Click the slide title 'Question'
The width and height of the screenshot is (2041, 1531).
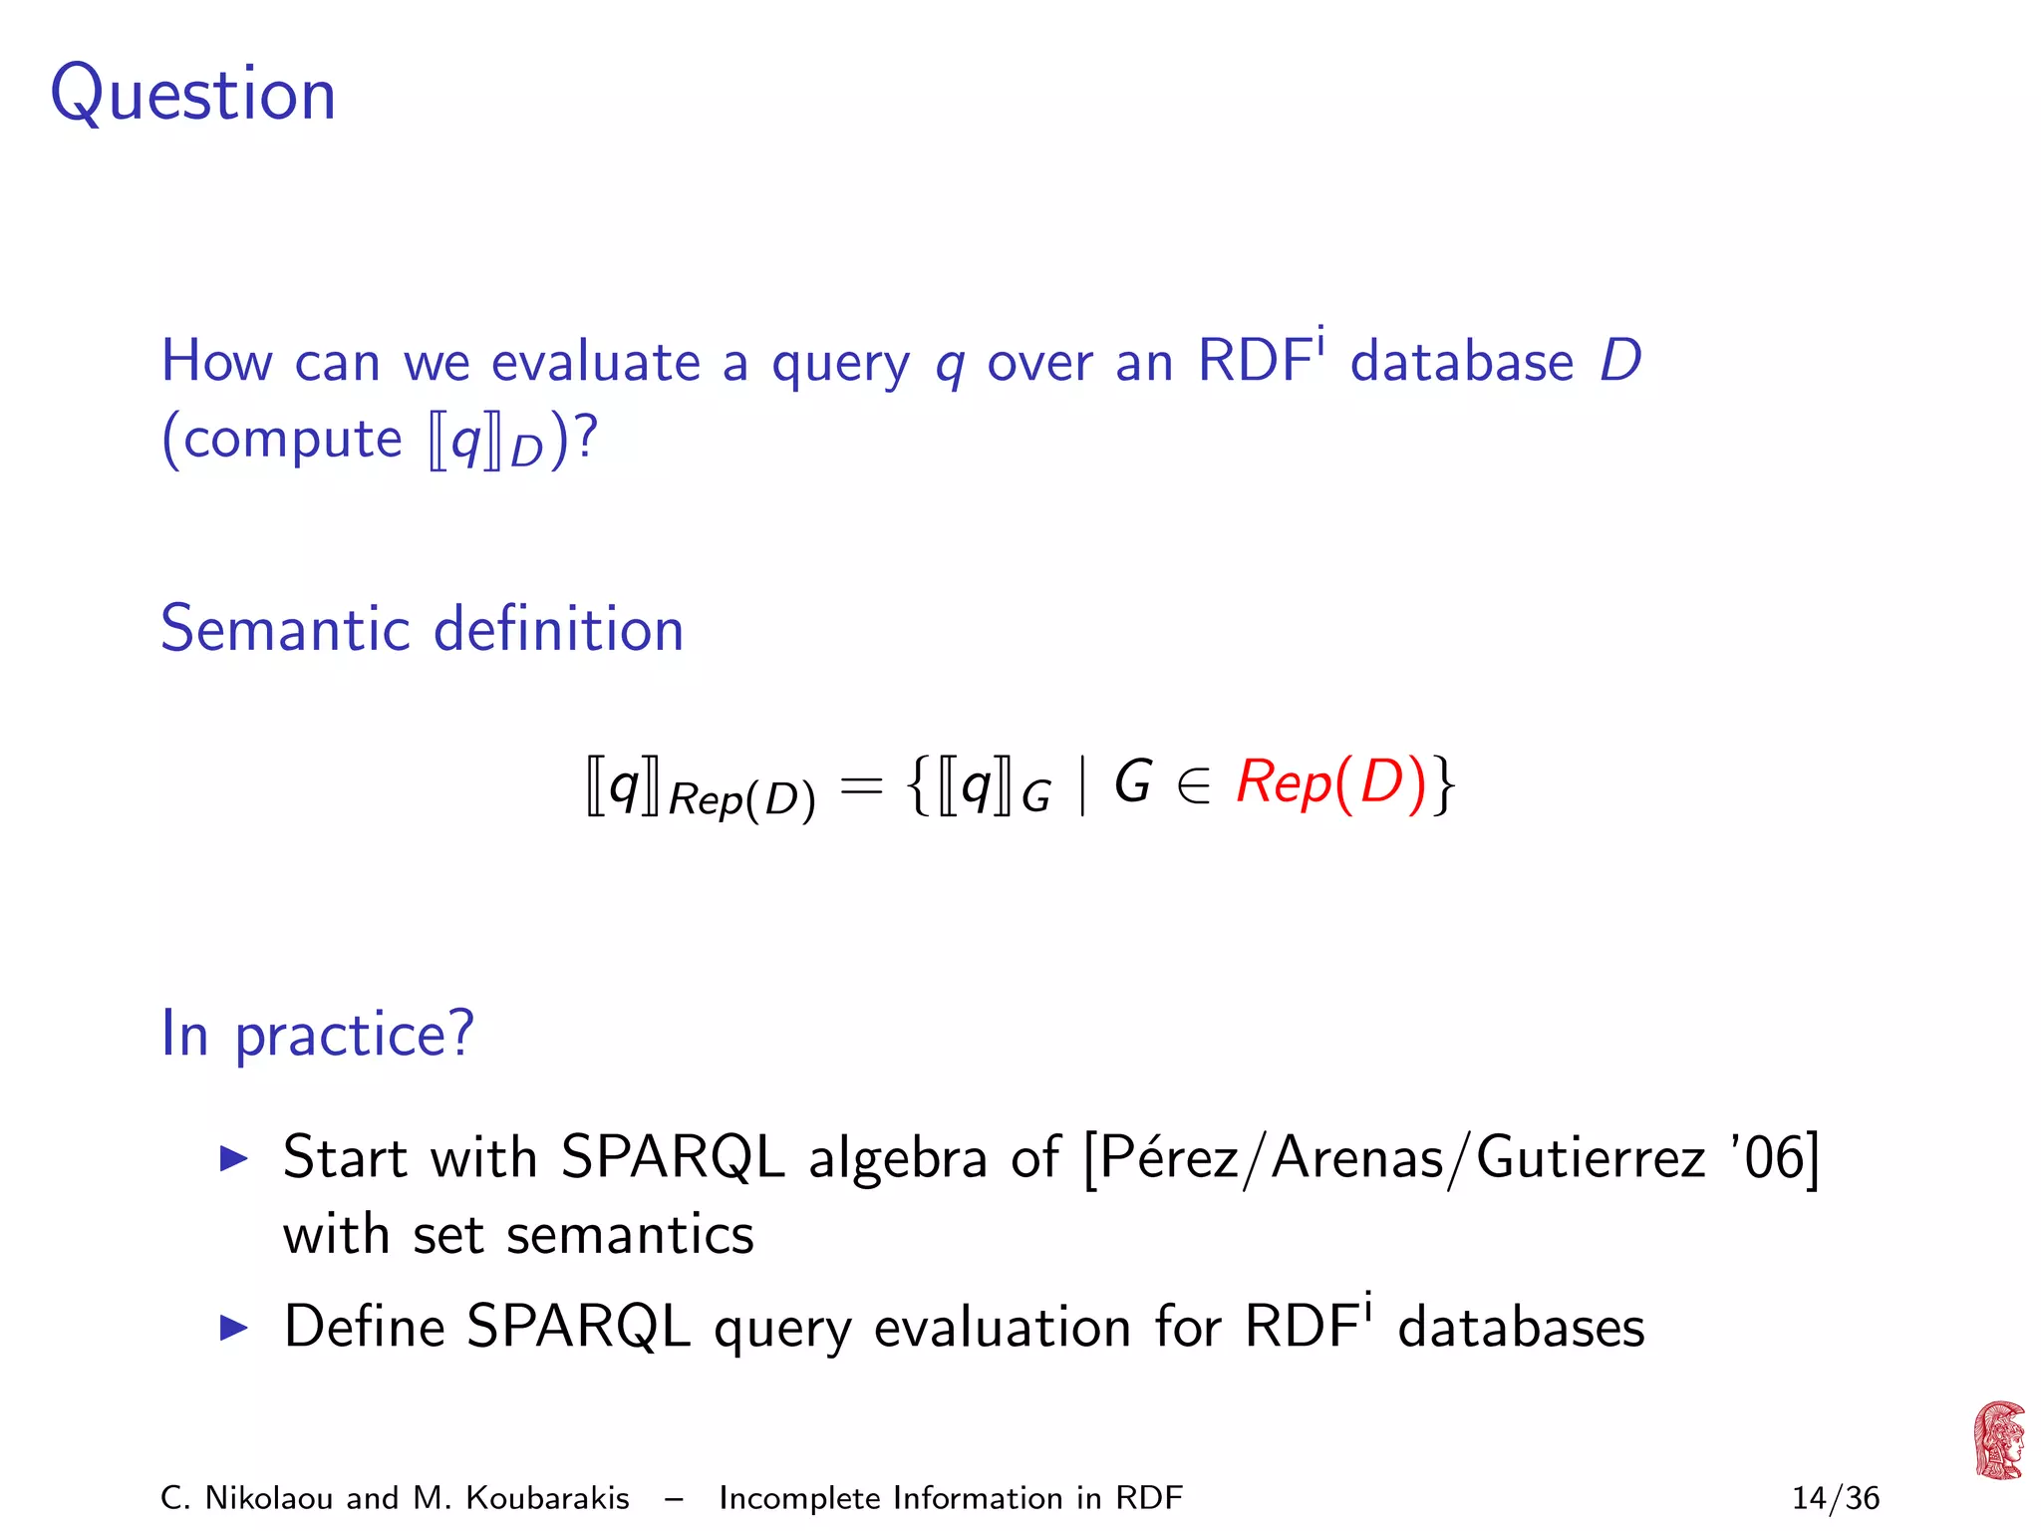[193, 94]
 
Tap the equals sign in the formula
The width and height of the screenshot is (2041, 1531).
[861, 785]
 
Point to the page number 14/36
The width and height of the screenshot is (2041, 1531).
[1835, 1498]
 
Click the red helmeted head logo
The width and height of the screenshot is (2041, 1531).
[1999, 1440]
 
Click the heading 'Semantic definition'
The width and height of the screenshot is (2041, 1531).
[422, 629]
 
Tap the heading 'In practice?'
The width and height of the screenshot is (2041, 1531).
[317, 1034]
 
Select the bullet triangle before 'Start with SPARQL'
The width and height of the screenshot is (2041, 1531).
[233, 1158]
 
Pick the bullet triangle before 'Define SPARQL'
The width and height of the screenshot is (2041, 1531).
[233, 1328]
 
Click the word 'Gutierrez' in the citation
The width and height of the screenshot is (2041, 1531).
[1591, 1158]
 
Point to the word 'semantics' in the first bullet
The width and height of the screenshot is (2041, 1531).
[630, 1236]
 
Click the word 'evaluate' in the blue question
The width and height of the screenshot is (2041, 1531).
[596, 361]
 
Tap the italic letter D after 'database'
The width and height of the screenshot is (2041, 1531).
[1620, 361]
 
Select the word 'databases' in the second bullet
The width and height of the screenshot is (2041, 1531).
[1521, 1328]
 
